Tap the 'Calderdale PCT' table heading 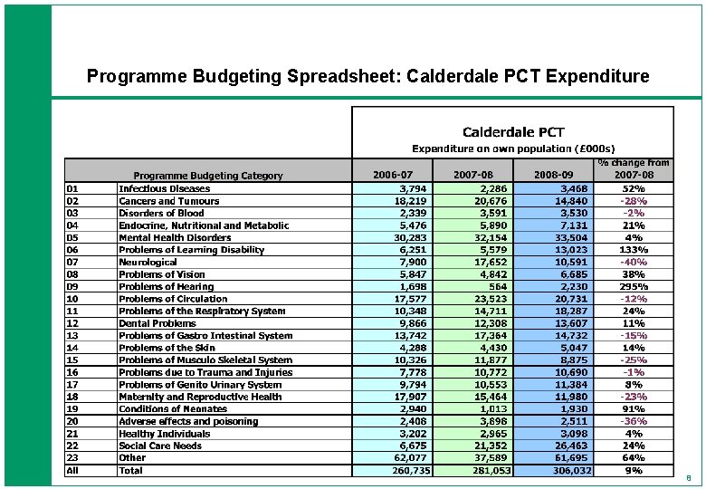coord(513,131)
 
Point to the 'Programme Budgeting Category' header coord(208,176)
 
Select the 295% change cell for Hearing coord(633,286)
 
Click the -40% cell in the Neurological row coord(633,262)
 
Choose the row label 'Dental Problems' coord(157,323)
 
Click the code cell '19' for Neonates coord(72,408)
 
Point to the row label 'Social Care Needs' coord(160,446)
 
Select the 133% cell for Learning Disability coord(633,250)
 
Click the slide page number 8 coord(688,477)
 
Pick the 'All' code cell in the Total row coord(73,470)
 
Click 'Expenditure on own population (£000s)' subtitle coord(513,147)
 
